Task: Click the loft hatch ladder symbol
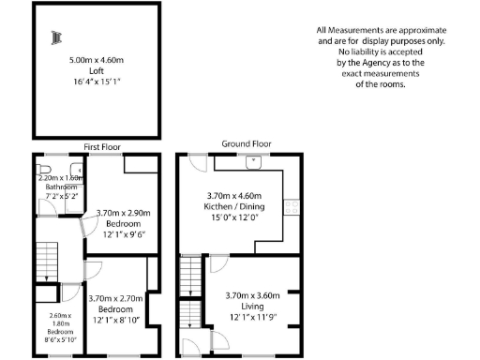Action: [x=56, y=37]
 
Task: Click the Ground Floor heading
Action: [x=246, y=143]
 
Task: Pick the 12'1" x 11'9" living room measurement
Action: [x=249, y=317]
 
